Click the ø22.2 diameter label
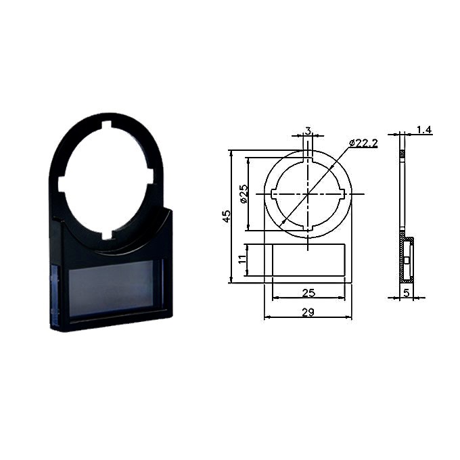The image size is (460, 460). [x=363, y=143]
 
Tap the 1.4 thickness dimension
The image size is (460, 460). [x=424, y=129]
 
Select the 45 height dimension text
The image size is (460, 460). [x=227, y=216]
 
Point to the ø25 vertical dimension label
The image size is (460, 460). [x=244, y=193]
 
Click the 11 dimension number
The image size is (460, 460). [x=242, y=260]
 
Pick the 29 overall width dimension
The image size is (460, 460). [x=308, y=312]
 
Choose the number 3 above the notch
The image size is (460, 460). [x=308, y=131]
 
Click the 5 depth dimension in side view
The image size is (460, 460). [x=407, y=293]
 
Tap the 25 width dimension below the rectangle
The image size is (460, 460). [x=308, y=293]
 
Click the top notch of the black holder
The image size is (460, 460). [x=107, y=125]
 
